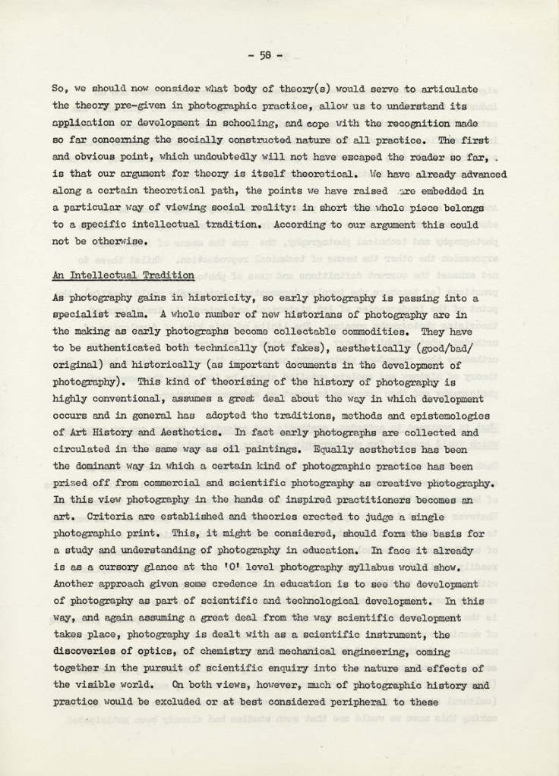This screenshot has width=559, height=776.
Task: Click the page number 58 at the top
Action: pyautogui.click(x=266, y=54)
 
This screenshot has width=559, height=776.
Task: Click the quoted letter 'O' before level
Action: pyautogui.click(x=231, y=567)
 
